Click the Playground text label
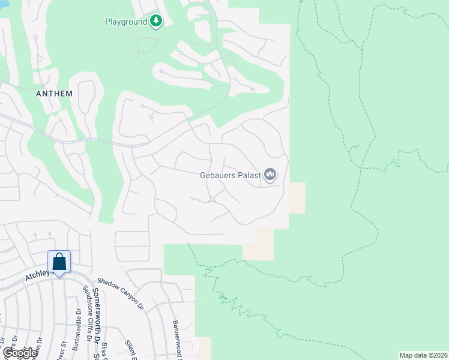[126, 22]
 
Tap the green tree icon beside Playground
[156, 22]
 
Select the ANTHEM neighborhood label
[54, 94]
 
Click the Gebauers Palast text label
[230, 175]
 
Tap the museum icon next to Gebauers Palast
[270, 175]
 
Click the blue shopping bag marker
[59, 263]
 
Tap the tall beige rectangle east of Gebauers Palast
[297, 198]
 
